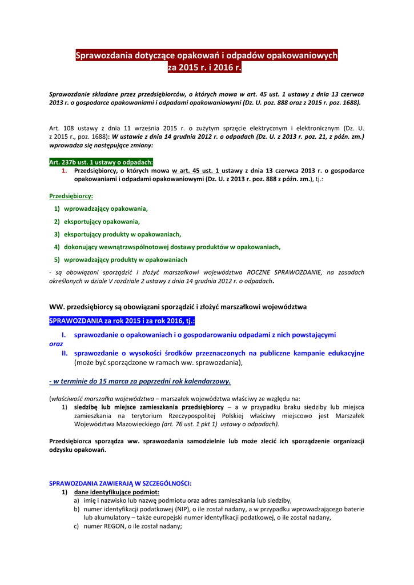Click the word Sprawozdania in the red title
coord(104,56)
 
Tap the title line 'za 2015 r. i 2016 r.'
coord(205,67)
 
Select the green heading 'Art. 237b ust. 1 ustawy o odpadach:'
coord(101,162)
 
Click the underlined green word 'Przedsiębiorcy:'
coord(71,196)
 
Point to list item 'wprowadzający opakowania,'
coord(106,209)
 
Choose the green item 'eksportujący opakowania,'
coord(102,221)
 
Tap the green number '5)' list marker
coord(57,259)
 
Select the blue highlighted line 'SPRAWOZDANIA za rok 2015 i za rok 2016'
coord(122,321)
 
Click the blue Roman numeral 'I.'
coord(65,335)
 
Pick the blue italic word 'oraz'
coord(56,344)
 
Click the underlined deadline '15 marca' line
coord(140,381)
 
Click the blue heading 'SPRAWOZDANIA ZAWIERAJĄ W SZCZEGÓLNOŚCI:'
coord(116,483)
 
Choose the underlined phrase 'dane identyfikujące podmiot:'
coord(116,492)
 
